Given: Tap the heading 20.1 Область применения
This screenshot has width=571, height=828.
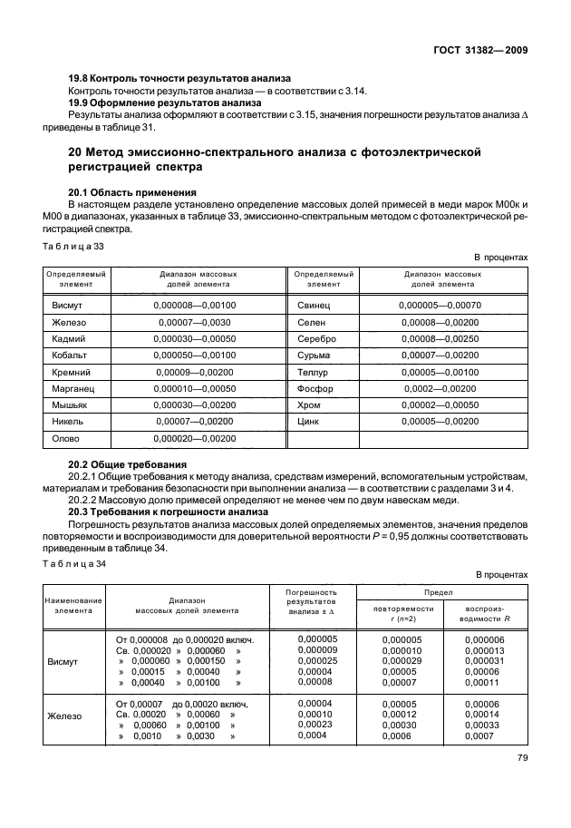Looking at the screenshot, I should [133, 192].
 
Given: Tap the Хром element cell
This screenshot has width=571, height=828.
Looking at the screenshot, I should [309, 404].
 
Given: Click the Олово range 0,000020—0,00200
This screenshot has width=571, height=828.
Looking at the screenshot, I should [195, 438].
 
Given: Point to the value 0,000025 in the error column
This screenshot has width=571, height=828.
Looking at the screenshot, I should [316, 660].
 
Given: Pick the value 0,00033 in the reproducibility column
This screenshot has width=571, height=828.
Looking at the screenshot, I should [483, 726].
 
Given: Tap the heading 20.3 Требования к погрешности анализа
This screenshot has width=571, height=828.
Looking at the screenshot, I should [168, 511].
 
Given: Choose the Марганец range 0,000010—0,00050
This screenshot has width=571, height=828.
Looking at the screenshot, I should [195, 388].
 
